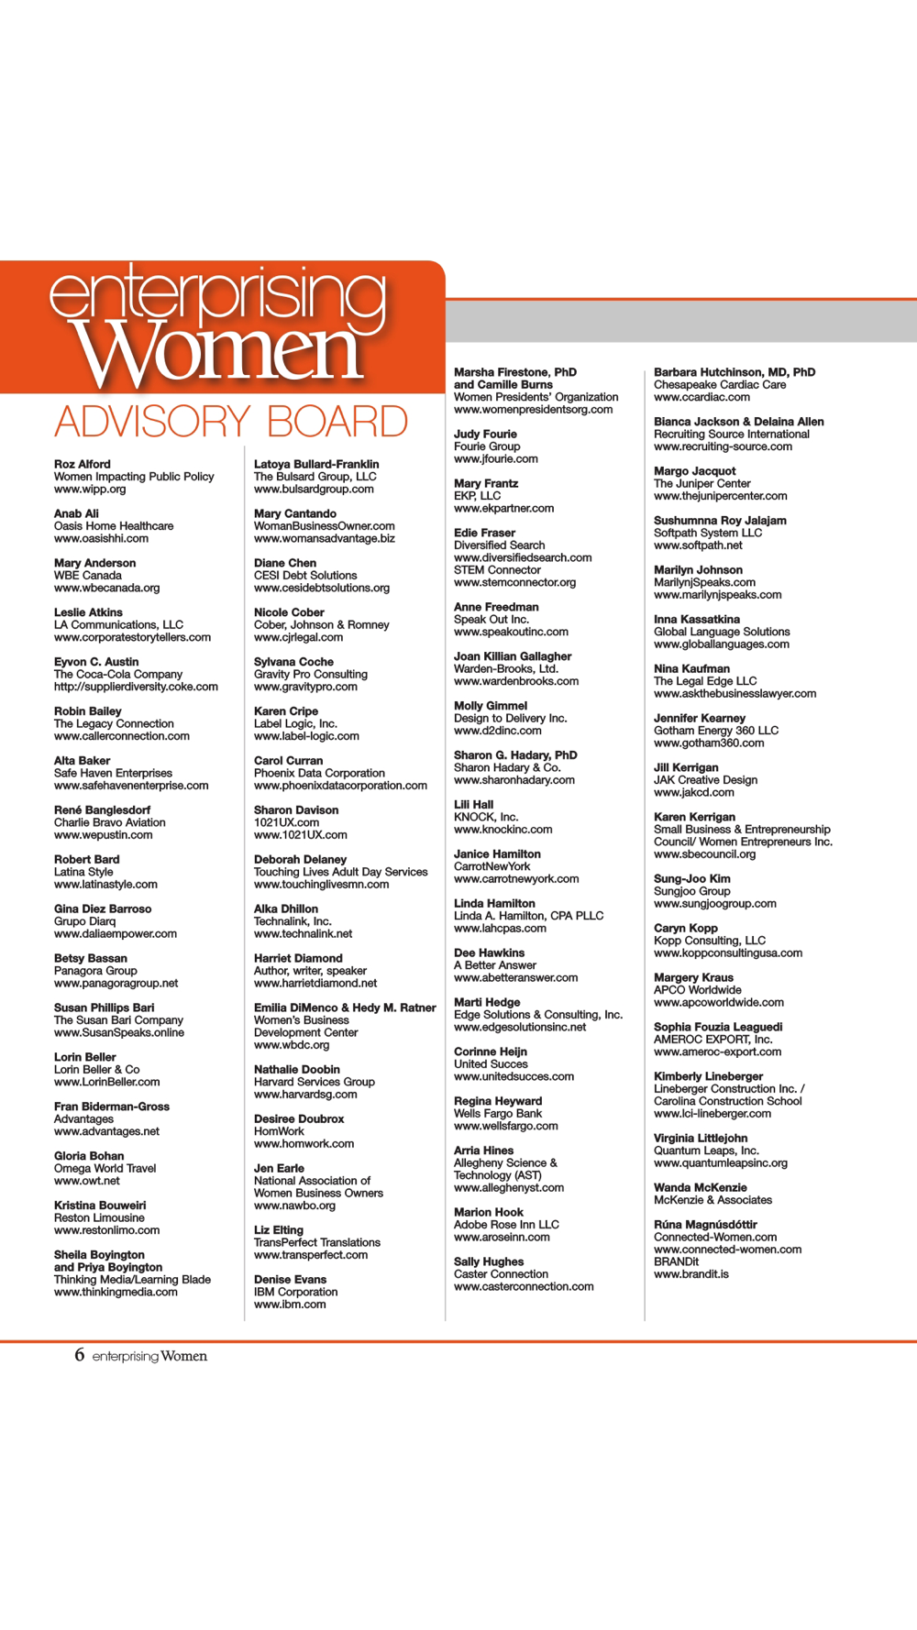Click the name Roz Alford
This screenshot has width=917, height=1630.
click(83, 465)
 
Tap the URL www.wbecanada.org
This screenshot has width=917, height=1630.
click(106, 589)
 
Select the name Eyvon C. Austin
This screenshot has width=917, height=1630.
click(96, 662)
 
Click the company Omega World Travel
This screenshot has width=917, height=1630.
click(105, 1169)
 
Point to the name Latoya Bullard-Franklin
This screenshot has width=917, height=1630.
click(316, 465)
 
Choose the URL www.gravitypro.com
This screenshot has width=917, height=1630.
click(305, 687)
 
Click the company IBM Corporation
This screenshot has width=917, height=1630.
click(295, 1293)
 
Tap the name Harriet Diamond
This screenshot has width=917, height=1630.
click(298, 959)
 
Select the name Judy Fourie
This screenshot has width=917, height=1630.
click(485, 435)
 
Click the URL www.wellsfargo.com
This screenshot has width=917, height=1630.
click(505, 1127)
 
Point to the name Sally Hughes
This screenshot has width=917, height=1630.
click(489, 1262)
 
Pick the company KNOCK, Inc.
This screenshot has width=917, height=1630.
click(486, 817)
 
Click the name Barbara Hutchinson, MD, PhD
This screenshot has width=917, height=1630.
click(735, 373)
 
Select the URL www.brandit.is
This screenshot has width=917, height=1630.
click(691, 1274)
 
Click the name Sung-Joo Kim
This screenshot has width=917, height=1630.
click(691, 879)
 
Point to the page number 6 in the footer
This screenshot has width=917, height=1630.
click(80, 1355)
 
